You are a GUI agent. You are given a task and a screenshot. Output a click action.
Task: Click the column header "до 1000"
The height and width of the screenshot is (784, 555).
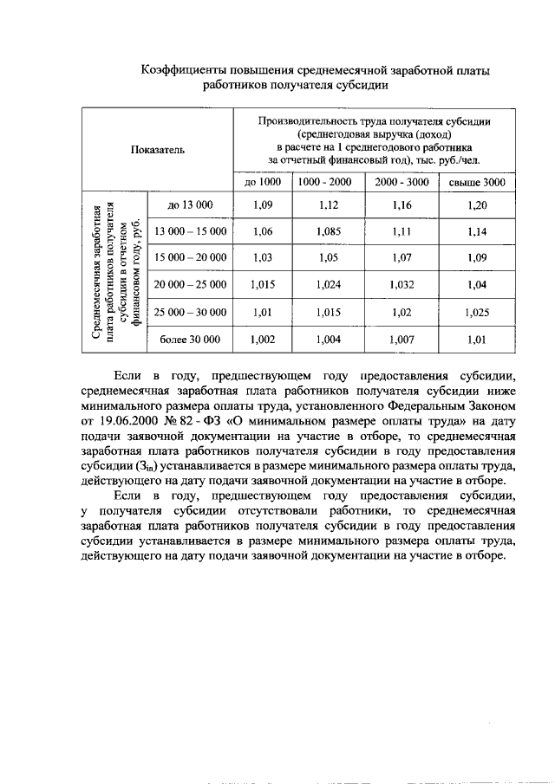(263, 182)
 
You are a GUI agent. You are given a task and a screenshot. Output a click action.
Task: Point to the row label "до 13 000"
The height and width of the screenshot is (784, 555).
(190, 204)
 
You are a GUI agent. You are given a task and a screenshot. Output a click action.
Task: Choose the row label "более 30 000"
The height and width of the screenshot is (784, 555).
(190, 339)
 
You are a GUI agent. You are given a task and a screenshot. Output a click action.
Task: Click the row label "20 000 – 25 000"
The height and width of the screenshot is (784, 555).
(190, 284)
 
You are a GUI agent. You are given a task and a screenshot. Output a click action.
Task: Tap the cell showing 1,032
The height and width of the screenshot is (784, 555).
(402, 284)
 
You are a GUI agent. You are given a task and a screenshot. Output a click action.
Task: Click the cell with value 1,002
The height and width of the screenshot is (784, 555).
(263, 339)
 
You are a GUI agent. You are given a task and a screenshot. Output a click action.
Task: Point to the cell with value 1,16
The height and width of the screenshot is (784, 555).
(402, 204)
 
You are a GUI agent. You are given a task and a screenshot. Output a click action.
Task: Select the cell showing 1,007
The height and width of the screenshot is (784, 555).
(402, 339)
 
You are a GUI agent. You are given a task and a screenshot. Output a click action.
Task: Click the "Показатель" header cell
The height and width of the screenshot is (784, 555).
(158, 149)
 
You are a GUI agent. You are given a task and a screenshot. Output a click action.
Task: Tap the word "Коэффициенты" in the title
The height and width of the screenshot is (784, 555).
(185, 69)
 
